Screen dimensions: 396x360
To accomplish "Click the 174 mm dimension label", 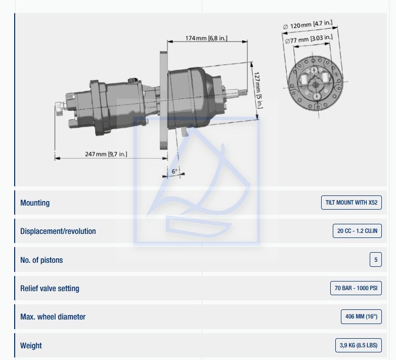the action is (x=206, y=38).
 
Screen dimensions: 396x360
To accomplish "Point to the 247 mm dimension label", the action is (x=106, y=154).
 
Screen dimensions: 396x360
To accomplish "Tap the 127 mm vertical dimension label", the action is (x=258, y=90).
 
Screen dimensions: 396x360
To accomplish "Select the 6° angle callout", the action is (x=174, y=172).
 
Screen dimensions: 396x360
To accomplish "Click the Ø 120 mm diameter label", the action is (x=308, y=24).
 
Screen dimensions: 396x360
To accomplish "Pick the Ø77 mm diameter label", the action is (x=309, y=39).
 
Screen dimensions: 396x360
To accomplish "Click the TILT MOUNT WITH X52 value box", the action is (x=351, y=203).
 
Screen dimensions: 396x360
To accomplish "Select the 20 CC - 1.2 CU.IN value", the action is (x=357, y=231).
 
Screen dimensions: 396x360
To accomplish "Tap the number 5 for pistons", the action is (x=376, y=260).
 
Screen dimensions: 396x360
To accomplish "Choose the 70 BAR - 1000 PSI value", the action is (x=356, y=288).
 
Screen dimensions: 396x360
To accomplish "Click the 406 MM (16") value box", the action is (x=361, y=316).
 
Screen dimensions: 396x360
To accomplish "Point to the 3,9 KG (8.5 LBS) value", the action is (x=359, y=345).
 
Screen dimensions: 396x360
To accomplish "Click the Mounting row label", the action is (x=35, y=203).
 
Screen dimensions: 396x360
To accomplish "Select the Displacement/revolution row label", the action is (x=58, y=231).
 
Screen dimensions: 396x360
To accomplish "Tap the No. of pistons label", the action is (x=41, y=260).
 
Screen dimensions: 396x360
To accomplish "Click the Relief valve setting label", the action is (x=50, y=288).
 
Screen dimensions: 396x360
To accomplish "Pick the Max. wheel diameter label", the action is (x=53, y=317).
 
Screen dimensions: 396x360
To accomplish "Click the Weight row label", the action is (x=31, y=346).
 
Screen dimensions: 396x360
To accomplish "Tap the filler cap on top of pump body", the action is (x=131, y=81).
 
